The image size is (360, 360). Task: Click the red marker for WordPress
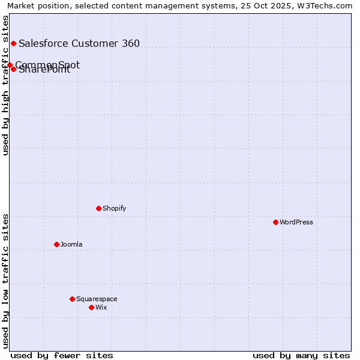tap(275, 222)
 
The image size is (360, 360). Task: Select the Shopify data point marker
tap(98, 208)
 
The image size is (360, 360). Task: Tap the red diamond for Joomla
tap(56, 244)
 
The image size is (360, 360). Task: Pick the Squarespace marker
tap(72, 299)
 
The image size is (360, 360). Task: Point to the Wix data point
tap(91, 307)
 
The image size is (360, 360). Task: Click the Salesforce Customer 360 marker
tap(13, 43)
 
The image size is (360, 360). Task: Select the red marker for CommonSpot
tap(10, 65)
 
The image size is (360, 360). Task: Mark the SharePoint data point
tap(13, 69)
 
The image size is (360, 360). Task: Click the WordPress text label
tap(296, 222)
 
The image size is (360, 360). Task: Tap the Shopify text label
tap(115, 208)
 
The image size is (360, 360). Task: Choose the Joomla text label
tap(71, 244)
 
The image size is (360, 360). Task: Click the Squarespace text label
tap(97, 299)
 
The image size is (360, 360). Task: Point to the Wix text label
tap(101, 307)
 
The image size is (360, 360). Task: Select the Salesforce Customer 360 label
tap(79, 43)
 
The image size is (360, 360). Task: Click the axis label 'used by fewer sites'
tap(62, 355)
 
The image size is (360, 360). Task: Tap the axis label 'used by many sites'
tap(301, 355)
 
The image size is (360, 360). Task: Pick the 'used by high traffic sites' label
tap(6, 85)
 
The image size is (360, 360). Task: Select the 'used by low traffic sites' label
tap(6, 281)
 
